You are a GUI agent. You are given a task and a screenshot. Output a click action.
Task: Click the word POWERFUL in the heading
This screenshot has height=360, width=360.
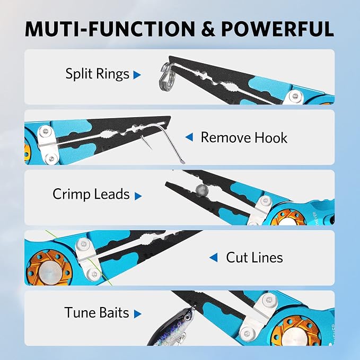[277, 29]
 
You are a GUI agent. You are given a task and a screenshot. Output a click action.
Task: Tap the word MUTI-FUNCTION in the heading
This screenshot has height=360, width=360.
[110, 29]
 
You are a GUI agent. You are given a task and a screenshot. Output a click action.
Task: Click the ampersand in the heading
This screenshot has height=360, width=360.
[208, 29]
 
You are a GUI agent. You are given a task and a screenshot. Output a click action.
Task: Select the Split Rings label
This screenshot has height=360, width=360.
[98, 74]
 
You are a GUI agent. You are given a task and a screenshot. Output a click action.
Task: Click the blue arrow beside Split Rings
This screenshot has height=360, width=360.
[137, 75]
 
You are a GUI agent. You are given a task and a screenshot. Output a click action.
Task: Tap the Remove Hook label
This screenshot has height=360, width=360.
[244, 137]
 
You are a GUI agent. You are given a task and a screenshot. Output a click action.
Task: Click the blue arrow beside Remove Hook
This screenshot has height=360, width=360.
[189, 137]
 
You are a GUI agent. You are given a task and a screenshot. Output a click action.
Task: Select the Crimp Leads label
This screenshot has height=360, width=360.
[91, 194]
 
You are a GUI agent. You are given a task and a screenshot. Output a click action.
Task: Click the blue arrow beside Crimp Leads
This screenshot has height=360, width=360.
[138, 196]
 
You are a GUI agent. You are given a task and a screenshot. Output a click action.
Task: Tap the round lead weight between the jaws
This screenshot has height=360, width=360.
[202, 190]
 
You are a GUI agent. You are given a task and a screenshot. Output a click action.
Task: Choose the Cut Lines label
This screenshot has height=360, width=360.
[254, 257]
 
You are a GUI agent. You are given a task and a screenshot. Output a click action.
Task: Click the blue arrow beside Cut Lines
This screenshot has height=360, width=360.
[214, 257]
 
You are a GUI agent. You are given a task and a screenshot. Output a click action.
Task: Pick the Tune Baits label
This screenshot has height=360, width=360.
[96, 312]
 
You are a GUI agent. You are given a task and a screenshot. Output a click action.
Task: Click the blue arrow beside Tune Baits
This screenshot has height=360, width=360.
[137, 314]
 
